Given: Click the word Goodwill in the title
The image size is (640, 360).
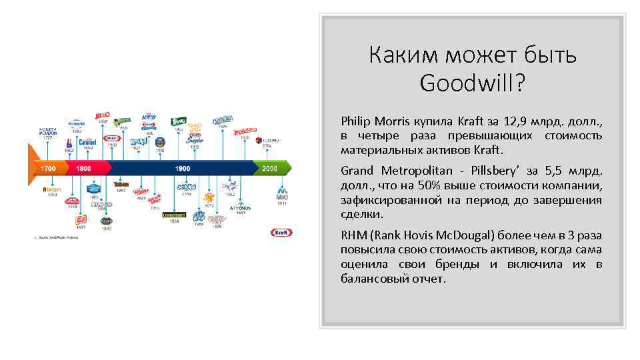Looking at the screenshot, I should [473, 83].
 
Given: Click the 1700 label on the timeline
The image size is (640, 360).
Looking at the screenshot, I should [48, 169].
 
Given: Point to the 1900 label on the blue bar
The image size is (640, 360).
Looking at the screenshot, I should [182, 169].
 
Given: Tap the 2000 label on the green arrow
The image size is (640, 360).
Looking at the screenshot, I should [269, 169].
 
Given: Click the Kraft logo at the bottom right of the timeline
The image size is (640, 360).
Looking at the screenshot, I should [279, 233].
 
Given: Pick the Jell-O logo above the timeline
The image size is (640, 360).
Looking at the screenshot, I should [103, 115].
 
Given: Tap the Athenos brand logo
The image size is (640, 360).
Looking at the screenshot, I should [240, 207].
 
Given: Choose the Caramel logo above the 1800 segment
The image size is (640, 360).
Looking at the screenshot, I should [88, 142].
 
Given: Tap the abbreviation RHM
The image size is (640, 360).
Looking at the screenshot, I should [353, 235].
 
